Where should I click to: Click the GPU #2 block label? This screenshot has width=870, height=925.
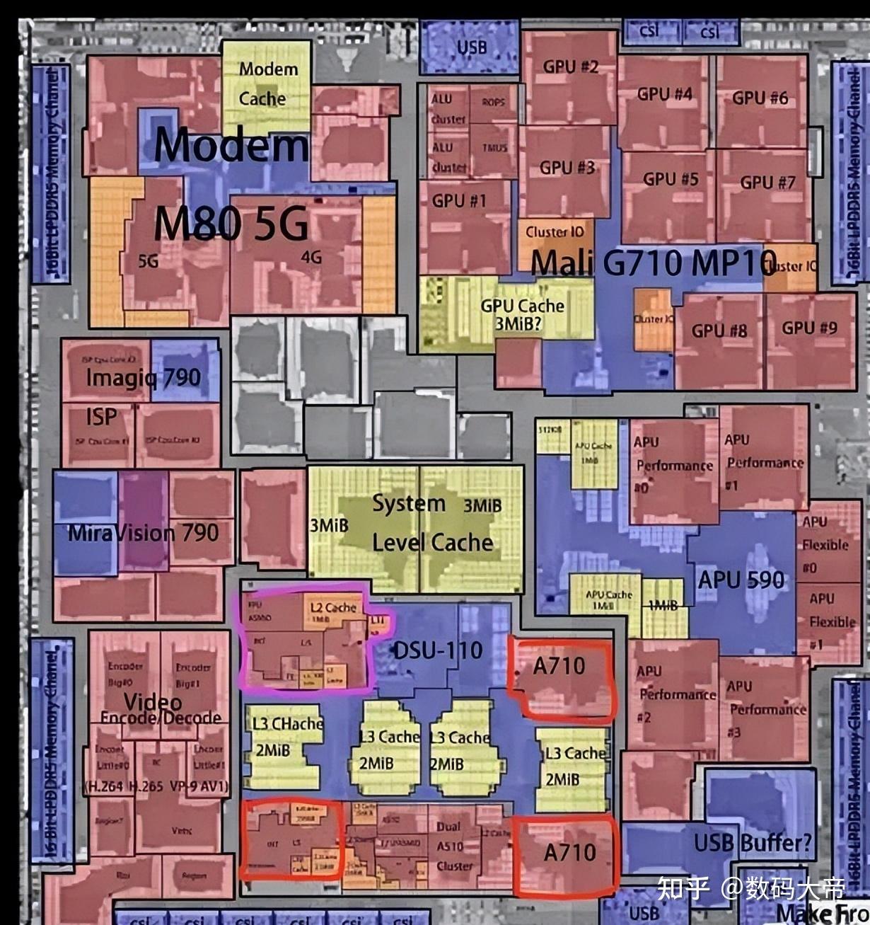coord(570,67)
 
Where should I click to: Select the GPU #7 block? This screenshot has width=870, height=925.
coord(767,183)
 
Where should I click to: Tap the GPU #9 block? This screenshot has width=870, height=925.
coord(809,328)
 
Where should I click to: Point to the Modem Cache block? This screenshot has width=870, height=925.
coord(267,84)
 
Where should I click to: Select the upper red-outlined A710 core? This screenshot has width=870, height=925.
coord(559,677)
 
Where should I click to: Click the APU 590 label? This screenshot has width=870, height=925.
coord(741,580)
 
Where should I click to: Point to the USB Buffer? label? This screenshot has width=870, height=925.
coord(753,843)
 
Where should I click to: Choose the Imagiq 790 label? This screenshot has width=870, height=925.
coord(143,377)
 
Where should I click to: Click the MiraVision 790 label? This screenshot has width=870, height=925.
coord(143,532)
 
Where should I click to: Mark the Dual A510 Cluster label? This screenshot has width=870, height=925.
coord(453,846)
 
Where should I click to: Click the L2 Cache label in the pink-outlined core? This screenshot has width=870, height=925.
coord(333,607)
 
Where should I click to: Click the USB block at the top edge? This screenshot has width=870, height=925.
coord(471,47)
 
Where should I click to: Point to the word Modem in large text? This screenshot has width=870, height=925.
coord(231,144)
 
